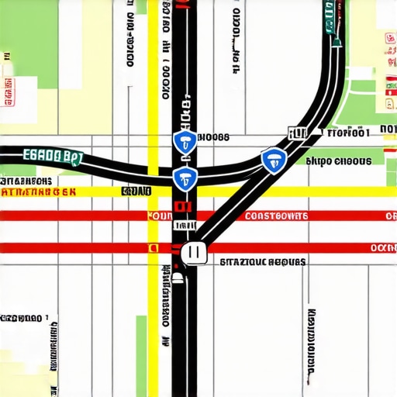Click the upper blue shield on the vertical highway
click(x=184, y=141)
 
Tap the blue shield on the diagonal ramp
click(x=273, y=161)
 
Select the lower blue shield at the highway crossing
click(x=184, y=178)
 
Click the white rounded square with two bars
click(x=193, y=251)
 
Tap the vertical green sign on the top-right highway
click(x=331, y=18)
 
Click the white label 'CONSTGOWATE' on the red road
click(x=276, y=216)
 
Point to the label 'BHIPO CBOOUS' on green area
click(x=339, y=162)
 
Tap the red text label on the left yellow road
click(x=39, y=191)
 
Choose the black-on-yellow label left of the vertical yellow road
click(x=136, y=191)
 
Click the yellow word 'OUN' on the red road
click(x=159, y=216)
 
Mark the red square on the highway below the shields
click(x=183, y=207)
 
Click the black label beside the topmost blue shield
click(x=214, y=137)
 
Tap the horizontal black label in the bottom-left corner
click(x=22, y=318)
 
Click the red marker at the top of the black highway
click(x=181, y=5)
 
